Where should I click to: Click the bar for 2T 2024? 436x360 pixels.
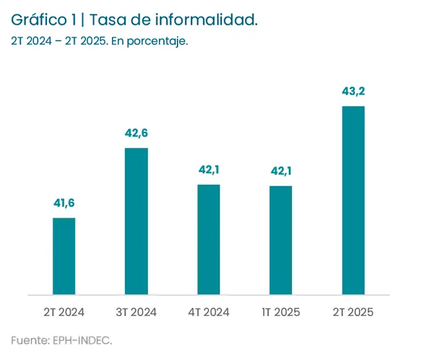click(x=64, y=256)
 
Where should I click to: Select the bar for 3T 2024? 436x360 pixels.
click(x=136, y=221)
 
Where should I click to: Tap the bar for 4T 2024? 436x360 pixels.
click(x=208, y=239)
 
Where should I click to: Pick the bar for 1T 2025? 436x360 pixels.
click(x=281, y=240)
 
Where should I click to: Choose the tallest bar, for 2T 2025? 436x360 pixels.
click(x=353, y=200)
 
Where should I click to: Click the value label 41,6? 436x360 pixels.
click(x=64, y=203)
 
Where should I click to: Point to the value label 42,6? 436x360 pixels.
click(x=136, y=133)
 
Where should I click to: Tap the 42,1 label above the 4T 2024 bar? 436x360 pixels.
click(x=208, y=169)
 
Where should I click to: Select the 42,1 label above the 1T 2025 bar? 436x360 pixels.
click(x=281, y=171)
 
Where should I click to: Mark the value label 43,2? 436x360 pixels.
click(x=353, y=92)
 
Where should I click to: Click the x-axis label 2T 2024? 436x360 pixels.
click(x=64, y=312)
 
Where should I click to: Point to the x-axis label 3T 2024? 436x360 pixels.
click(x=136, y=312)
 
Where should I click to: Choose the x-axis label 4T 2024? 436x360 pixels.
click(x=208, y=312)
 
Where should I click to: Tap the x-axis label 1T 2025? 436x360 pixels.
click(x=281, y=312)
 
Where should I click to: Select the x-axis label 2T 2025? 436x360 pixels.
click(x=353, y=312)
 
